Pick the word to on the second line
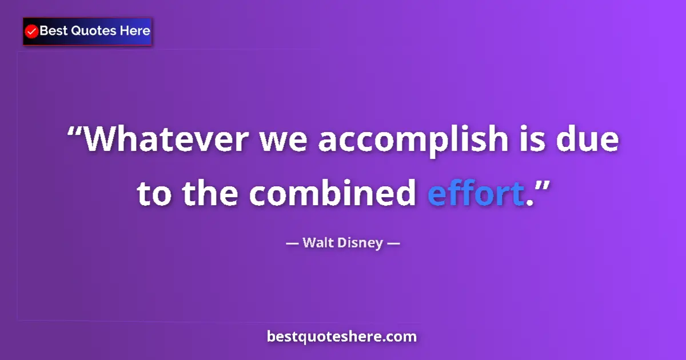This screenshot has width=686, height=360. [x=154, y=194]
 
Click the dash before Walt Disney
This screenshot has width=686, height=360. [x=292, y=243]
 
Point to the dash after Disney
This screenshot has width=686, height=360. [x=393, y=243]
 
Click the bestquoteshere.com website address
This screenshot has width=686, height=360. [x=342, y=337]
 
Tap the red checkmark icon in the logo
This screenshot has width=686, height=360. [x=32, y=31]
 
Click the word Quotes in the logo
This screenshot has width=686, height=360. [x=93, y=31]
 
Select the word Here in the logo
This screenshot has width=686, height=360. [x=134, y=31]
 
